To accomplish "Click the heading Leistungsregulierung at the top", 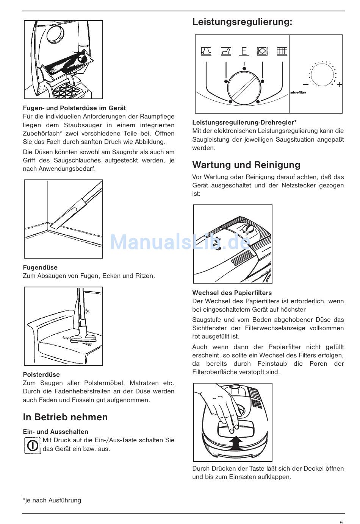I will [242, 22].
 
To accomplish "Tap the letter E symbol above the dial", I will [244, 51].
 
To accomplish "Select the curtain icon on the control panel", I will [206, 51].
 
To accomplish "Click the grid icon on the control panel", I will [282, 51].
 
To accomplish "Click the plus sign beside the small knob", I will [340, 84].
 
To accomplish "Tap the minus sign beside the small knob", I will [306, 84].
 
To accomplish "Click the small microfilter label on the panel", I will [298, 93].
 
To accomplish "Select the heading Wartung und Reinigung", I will [246, 165].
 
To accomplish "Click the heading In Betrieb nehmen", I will [65, 417].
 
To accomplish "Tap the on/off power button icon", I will [33, 445].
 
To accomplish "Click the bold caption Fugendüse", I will [40, 267].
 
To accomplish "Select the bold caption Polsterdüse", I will [41, 374].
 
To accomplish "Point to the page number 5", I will [341, 522].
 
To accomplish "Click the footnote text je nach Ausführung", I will [52, 500].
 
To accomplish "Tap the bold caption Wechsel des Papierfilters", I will [232, 293].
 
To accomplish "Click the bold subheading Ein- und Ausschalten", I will [55, 432].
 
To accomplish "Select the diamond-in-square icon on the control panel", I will [262, 51].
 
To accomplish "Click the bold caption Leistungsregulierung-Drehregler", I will [244, 122].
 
